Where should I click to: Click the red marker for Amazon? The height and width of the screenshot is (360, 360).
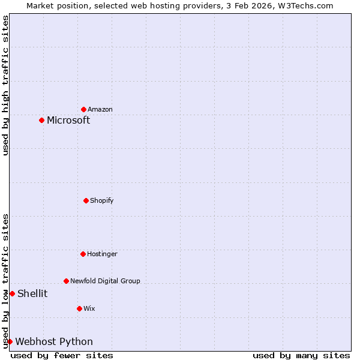click(x=84, y=109)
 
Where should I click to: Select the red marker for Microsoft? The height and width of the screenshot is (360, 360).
click(x=42, y=120)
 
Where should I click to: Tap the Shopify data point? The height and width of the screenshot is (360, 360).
click(x=86, y=200)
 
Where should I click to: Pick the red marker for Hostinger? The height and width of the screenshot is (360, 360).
click(x=83, y=254)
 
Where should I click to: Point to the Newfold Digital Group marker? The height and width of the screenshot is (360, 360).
click(x=67, y=281)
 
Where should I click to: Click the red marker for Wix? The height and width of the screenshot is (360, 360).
click(x=80, y=308)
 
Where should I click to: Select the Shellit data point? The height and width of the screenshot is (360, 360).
click(x=12, y=293)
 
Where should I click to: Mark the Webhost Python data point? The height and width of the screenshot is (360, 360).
click(x=10, y=341)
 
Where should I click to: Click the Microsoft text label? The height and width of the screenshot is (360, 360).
click(x=68, y=120)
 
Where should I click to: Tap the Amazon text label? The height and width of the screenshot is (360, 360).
click(x=100, y=109)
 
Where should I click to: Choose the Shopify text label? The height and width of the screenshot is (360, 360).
click(x=102, y=200)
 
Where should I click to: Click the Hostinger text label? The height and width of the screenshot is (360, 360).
click(x=102, y=254)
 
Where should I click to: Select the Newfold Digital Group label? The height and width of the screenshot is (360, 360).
click(x=105, y=281)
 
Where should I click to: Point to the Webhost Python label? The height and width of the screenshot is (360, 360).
click(x=54, y=341)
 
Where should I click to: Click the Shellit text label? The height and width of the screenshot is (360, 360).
click(x=32, y=293)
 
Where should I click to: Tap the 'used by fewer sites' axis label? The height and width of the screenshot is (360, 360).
click(x=62, y=355)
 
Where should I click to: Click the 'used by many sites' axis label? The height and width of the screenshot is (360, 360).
click(x=301, y=355)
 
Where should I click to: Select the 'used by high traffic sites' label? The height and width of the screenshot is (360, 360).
click(x=6, y=85)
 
